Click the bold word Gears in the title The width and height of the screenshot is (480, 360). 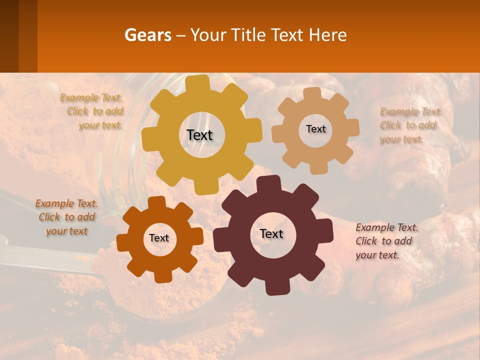[x=147, y=35]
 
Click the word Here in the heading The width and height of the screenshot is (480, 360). [x=327, y=35]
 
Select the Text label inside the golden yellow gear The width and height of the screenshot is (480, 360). [x=200, y=135]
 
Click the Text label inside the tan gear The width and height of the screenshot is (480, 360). [x=315, y=129]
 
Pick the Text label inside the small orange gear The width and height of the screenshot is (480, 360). [x=159, y=238]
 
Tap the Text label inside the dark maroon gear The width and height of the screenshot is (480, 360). [x=271, y=233]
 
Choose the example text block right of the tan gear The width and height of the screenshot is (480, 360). [x=410, y=125]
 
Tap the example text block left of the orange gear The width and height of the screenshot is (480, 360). [x=66, y=217]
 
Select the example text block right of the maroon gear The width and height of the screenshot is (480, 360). [x=386, y=241]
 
